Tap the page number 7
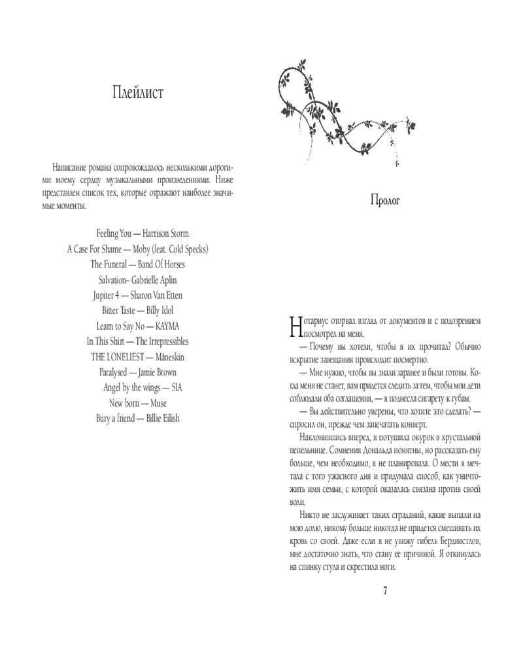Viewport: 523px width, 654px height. [x=385, y=591]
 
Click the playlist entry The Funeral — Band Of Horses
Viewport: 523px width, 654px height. [x=138, y=264]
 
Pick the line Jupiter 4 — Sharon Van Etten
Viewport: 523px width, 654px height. [x=138, y=295]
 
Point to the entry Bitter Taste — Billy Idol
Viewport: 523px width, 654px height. [x=138, y=310]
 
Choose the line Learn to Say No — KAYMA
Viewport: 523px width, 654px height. [x=138, y=326]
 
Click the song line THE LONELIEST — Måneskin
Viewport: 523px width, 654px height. [x=138, y=356]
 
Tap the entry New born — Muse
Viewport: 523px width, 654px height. [x=138, y=403]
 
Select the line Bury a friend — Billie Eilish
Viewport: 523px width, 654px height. [x=138, y=418]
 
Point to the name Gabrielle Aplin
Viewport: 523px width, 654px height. [x=154, y=280]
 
